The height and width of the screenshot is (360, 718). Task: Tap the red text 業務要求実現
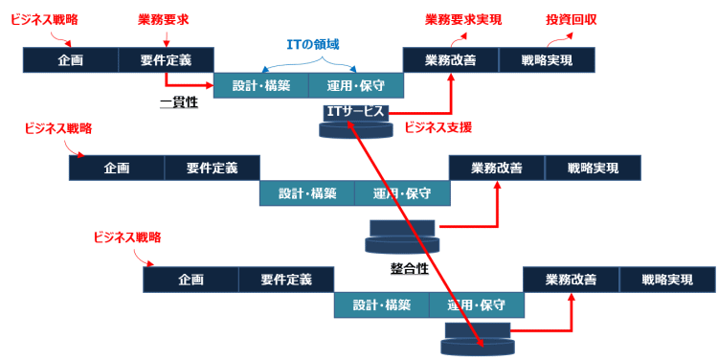(462, 19)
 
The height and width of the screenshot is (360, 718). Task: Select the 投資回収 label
(572, 19)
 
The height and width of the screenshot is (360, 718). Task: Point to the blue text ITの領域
(313, 44)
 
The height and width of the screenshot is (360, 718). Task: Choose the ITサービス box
(356, 112)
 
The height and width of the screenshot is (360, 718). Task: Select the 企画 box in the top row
(71, 60)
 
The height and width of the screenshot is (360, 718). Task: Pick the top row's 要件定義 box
(166, 60)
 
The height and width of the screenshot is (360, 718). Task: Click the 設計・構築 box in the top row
(261, 84)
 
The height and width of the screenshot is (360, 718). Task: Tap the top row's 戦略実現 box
(547, 60)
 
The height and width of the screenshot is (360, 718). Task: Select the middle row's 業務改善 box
(497, 169)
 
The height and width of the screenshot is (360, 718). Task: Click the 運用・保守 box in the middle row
(402, 193)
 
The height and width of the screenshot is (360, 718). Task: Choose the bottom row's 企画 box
(191, 281)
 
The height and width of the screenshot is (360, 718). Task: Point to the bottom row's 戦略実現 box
(666, 281)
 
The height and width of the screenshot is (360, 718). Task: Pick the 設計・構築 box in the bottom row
(381, 305)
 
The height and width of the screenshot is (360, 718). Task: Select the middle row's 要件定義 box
(212, 169)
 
